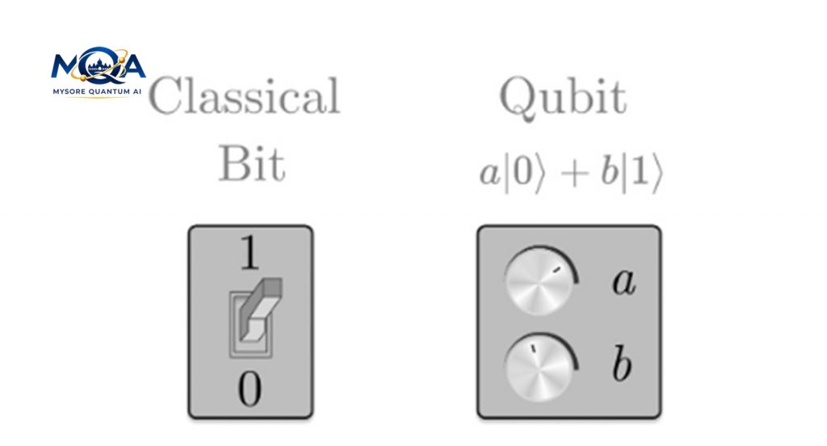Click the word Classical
244,98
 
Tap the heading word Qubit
562,98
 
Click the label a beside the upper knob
621,283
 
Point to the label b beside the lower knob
620,365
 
